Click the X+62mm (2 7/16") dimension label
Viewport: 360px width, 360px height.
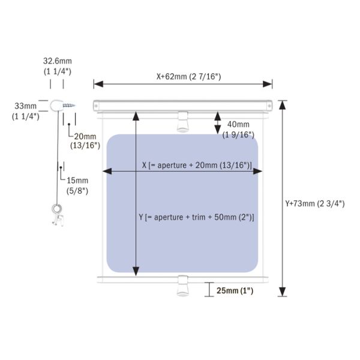click(x=188, y=76)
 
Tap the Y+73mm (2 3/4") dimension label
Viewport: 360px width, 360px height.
click(x=315, y=203)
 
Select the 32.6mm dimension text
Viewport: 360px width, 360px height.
click(x=58, y=61)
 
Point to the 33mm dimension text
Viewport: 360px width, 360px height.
click(x=25, y=106)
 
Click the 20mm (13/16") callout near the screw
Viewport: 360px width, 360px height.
click(x=85, y=141)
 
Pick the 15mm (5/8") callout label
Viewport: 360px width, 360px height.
click(x=77, y=185)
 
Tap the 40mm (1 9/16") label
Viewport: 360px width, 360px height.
click(x=238, y=130)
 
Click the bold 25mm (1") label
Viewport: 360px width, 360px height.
click(x=235, y=290)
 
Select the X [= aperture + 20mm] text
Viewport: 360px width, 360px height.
click(x=197, y=165)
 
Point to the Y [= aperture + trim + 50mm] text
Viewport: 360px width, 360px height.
click(x=196, y=217)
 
